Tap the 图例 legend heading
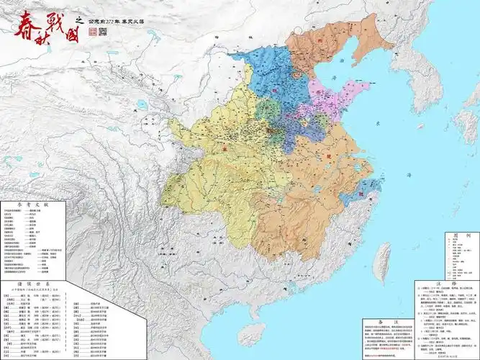451,235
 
